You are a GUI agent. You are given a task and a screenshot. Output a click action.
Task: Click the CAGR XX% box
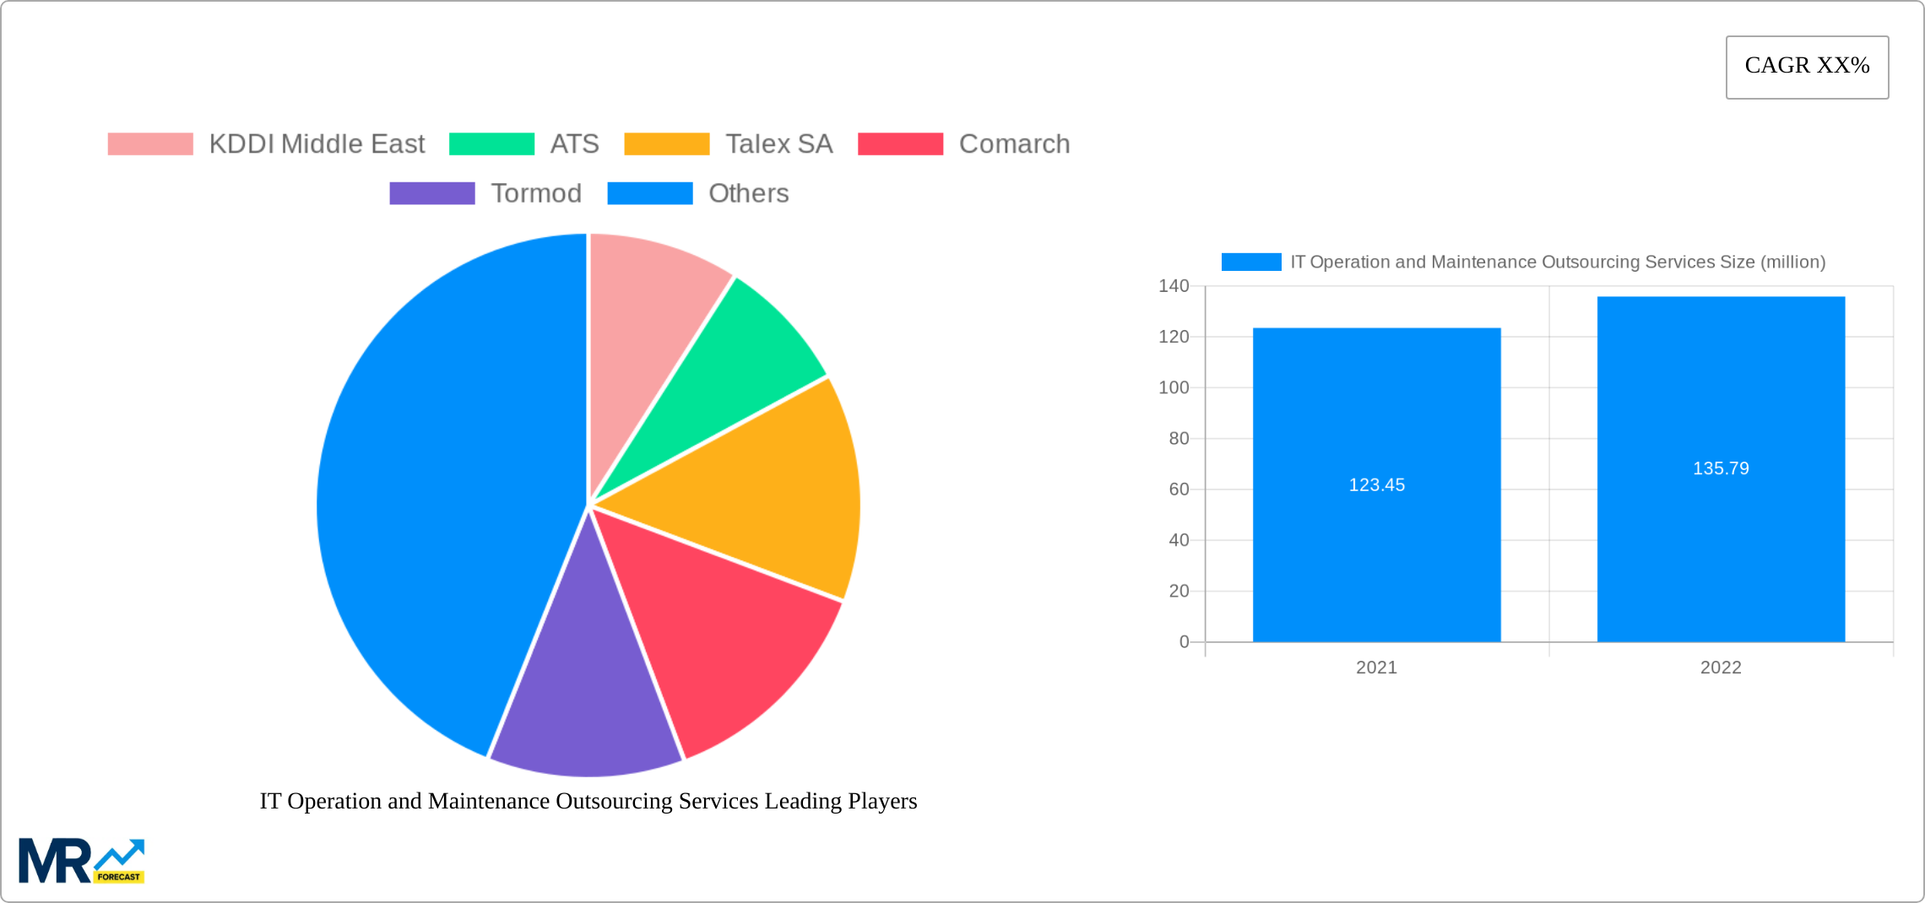tap(1807, 67)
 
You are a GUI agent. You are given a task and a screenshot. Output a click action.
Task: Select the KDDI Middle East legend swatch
tap(150, 144)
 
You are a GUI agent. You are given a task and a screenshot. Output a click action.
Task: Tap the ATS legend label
tap(574, 144)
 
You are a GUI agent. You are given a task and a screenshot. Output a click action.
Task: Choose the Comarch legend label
tap(1014, 144)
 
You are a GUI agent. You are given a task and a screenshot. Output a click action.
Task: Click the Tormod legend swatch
tap(431, 193)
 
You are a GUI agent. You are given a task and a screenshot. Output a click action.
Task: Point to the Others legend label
tap(748, 193)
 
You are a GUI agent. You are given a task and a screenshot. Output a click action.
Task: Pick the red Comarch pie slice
tap(726, 625)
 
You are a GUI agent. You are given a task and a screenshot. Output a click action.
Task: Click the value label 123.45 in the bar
tap(1376, 485)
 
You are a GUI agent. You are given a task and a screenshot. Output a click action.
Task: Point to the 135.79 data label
tap(1721, 468)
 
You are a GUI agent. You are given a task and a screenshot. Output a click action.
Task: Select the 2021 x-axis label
tap(1376, 668)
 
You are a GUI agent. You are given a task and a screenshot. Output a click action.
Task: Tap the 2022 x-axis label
tap(1721, 668)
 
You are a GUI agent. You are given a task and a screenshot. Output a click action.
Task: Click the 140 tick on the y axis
tap(1174, 286)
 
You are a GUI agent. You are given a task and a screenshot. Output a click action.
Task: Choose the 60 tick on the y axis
tap(1179, 489)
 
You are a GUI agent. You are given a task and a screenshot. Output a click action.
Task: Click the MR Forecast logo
tap(82, 861)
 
